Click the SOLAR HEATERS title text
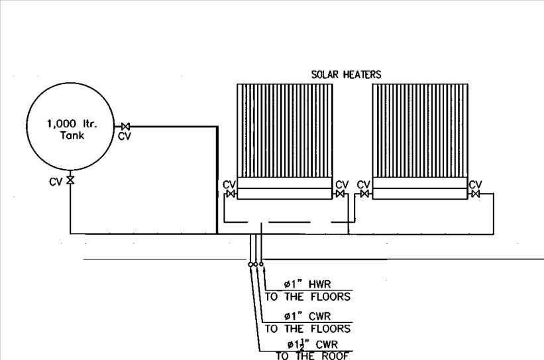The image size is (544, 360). point(345,75)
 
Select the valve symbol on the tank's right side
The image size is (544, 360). point(125,126)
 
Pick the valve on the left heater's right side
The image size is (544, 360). point(339,194)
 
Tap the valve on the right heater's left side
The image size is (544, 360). point(364,194)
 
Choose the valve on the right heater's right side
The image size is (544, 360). point(475,194)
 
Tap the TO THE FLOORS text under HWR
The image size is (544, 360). point(307,297)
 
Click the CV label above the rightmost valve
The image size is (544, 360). point(475,184)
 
